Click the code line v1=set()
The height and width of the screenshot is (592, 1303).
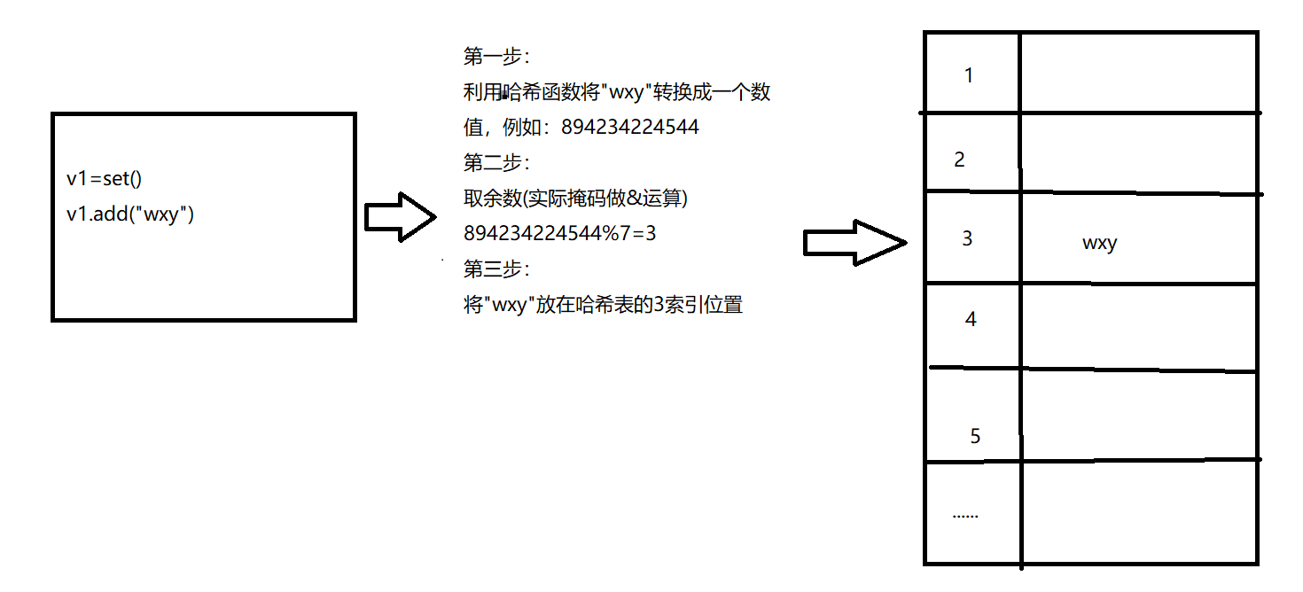tap(105, 179)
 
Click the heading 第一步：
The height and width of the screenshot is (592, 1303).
tap(496, 57)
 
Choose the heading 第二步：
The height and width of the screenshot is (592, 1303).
tap(496, 163)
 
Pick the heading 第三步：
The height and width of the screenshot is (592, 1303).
tap(496, 269)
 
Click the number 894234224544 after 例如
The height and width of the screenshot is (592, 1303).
tap(630, 128)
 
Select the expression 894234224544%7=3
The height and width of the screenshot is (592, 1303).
tap(559, 234)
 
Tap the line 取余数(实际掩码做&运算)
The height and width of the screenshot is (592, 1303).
tap(576, 199)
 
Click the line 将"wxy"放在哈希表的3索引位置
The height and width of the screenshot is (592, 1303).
tap(603, 306)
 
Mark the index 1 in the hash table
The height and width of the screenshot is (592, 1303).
tap(969, 75)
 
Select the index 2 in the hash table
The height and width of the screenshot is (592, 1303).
tap(959, 160)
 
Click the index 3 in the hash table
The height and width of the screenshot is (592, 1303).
tap(967, 238)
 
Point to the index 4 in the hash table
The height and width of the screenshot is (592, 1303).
tap(971, 319)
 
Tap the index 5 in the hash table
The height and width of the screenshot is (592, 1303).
tap(976, 436)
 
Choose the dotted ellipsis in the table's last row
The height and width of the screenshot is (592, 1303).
tap(965, 515)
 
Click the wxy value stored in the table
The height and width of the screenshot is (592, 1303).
tap(1099, 243)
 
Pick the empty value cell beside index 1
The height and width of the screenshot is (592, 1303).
tap(1139, 73)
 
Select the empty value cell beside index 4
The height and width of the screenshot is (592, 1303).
tap(1139, 325)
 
